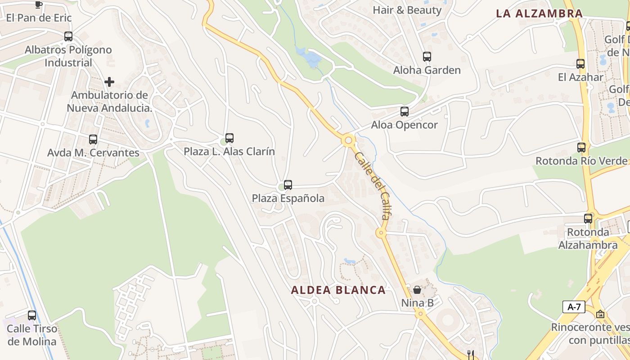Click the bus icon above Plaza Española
(x=288, y=184)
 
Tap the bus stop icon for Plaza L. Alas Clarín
(x=229, y=138)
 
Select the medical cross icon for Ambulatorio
(x=109, y=82)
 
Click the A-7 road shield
(x=574, y=307)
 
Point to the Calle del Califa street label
(x=372, y=185)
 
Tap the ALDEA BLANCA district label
(x=338, y=290)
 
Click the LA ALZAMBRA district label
(x=539, y=13)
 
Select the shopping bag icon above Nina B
(x=417, y=289)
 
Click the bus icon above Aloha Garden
(x=427, y=57)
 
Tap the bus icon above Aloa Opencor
(x=405, y=112)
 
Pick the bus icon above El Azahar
(x=580, y=64)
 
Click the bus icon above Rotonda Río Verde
(x=581, y=147)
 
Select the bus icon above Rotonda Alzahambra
(x=588, y=219)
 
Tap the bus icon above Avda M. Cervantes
(x=93, y=139)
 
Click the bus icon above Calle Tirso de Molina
(x=32, y=315)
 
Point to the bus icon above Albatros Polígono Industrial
(x=68, y=36)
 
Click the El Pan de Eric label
(x=39, y=18)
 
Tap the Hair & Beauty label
(x=407, y=9)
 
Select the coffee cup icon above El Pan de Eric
(x=39, y=4)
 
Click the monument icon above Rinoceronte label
(x=600, y=314)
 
